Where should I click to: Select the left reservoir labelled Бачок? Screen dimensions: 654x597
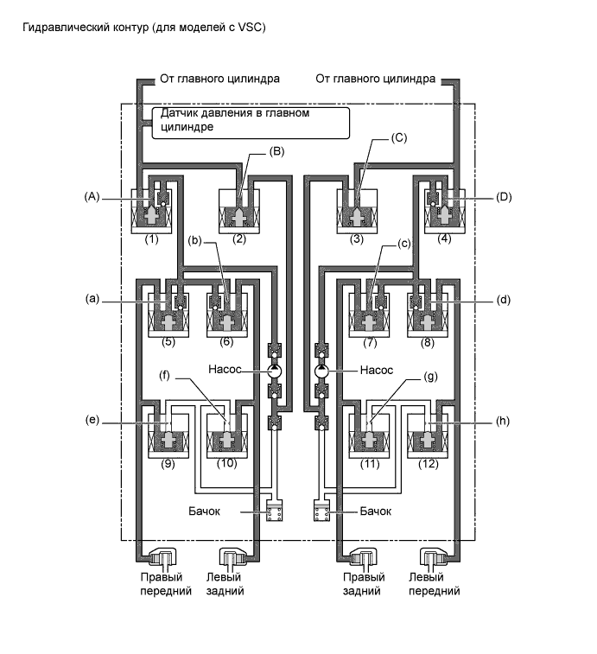click(276, 511)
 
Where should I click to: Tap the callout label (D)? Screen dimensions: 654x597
click(505, 196)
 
